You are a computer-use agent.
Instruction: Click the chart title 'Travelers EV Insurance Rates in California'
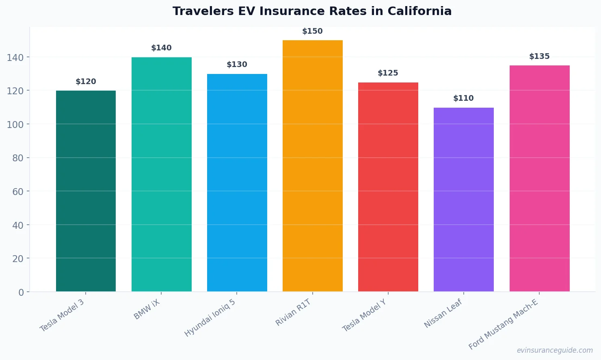pyautogui.click(x=312, y=11)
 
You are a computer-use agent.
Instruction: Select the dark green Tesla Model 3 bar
pyautogui.click(x=86, y=191)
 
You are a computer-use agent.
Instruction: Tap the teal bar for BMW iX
pyautogui.click(x=161, y=175)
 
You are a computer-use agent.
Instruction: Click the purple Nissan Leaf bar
pyautogui.click(x=463, y=199)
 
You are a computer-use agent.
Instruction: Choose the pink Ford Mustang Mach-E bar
pyautogui.click(x=539, y=179)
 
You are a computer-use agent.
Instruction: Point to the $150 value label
pyautogui.click(x=312, y=31)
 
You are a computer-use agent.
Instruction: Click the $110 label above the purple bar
pyautogui.click(x=463, y=98)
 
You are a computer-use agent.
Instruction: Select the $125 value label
pyautogui.click(x=388, y=73)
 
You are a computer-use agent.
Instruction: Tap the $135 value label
pyautogui.click(x=539, y=56)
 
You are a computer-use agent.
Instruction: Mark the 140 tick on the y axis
pyautogui.click(x=15, y=58)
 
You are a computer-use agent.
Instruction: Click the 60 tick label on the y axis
pyautogui.click(x=17, y=192)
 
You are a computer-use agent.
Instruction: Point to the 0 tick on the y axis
pyautogui.click(x=21, y=293)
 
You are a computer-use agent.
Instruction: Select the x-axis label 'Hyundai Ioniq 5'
pyautogui.click(x=210, y=318)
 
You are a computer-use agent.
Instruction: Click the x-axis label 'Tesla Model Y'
pyautogui.click(x=364, y=316)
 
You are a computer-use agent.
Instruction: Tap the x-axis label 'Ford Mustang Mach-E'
pyautogui.click(x=503, y=324)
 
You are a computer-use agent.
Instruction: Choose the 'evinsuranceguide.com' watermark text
pyautogui.click(x=555, y=350)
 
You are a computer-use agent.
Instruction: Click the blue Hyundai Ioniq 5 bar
pyautogui.click(x=237, y=183)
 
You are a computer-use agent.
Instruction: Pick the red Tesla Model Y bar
pyautogui.click(x=388, y=187)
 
